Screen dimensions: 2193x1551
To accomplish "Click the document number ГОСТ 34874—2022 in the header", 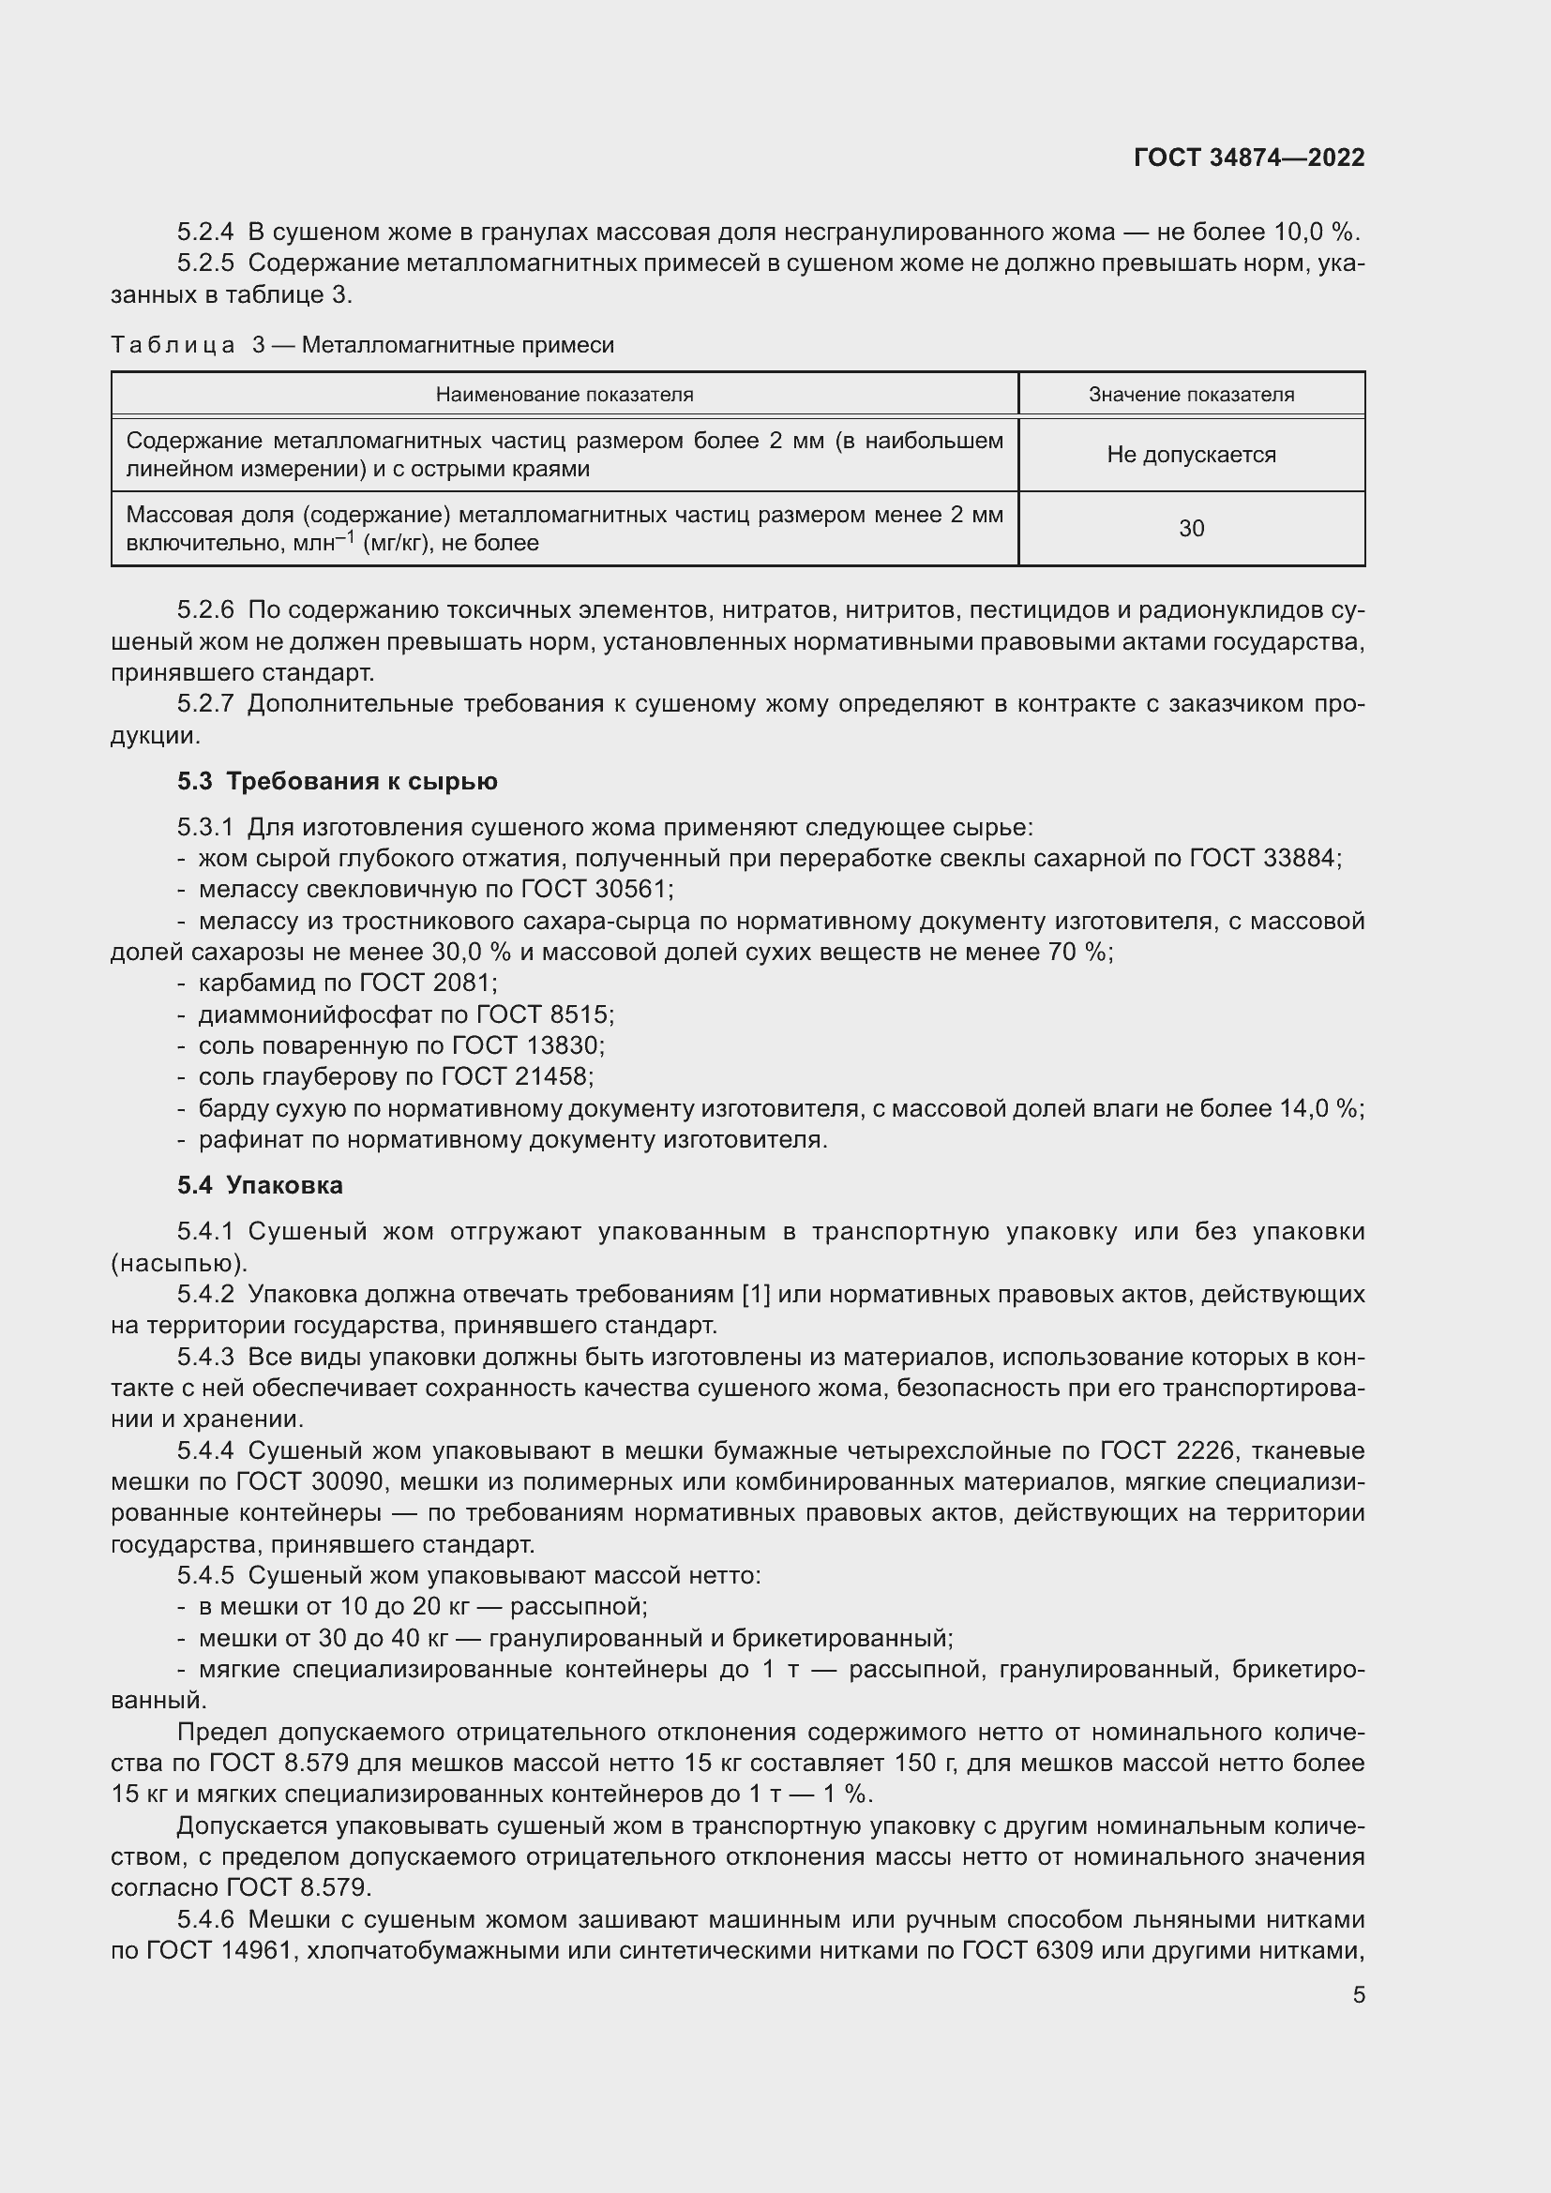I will [1248, 158].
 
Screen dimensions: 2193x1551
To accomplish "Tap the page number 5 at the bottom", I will [1358, 1995].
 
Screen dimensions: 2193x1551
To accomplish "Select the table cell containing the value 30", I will [1191, 528].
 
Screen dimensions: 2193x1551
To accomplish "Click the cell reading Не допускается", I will [1191, 455].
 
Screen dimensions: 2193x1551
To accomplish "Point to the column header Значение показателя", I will [1191, 395].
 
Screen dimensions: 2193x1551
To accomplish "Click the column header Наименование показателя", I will [565, 395].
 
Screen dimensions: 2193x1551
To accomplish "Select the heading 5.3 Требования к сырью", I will [338, 781].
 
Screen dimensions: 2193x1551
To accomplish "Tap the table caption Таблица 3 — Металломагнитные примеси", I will [362, 345].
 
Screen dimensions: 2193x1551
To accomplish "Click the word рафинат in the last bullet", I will [237, 1139].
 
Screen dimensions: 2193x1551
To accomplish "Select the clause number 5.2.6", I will [205, 609].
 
